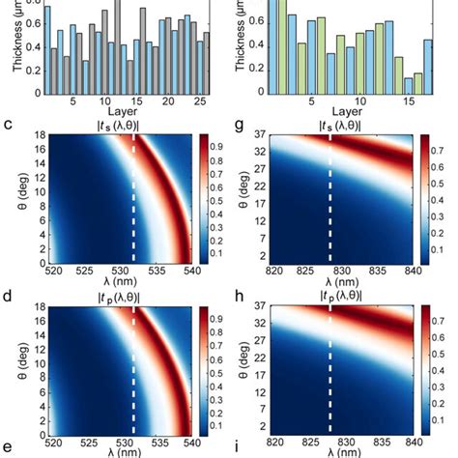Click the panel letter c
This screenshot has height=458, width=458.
pyautogui.click(x=8, y=125)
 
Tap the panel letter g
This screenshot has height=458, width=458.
pyautogui.click(x=239, y=125)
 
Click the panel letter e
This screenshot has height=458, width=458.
pyautogui.click(x=8, y=449)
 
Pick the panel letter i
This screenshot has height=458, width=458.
pyautogui.click(x=239, y=449)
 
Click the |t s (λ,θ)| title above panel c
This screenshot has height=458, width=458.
pyautogui.click(x=114, y=126)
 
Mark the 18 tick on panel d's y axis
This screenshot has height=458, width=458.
pyautogui.click(x=35, y=306)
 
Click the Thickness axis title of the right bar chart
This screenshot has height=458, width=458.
pyautogui.click(x=243, y=39)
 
